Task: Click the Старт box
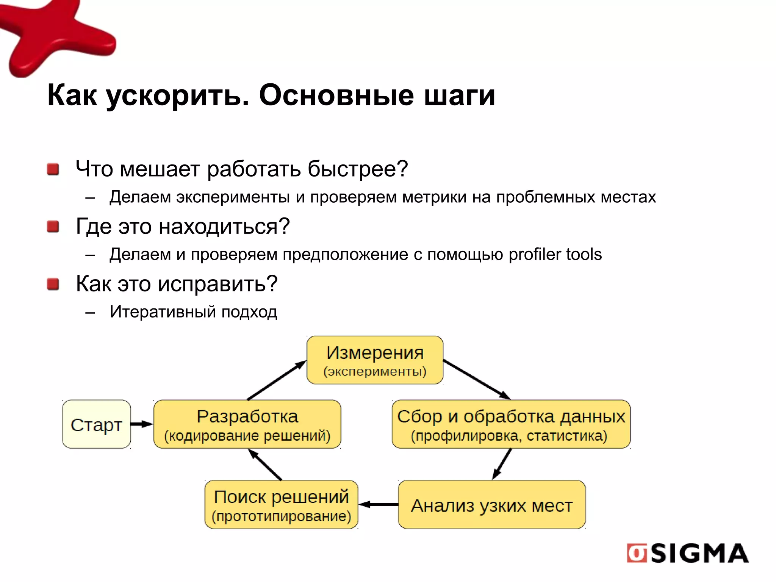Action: (96, 424)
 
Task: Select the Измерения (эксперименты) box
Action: (375, 360)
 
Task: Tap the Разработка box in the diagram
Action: (247, 424)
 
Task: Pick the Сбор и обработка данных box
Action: (511, 424)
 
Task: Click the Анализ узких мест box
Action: (491, 505)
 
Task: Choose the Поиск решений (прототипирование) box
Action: (281, 505)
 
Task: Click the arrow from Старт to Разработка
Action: (142, 424)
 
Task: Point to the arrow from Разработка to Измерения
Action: (277, 380)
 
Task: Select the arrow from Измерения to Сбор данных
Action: (477, 380)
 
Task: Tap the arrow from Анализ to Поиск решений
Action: (378, 504)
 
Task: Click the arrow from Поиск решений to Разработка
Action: (265, 465)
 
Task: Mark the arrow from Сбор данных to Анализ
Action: (502, 465)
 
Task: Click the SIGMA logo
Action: (688, 554)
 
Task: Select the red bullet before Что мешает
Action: (53, 169)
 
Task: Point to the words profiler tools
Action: (555, 254)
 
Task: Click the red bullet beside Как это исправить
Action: (53, 284)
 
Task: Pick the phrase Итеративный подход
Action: (193, 312)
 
